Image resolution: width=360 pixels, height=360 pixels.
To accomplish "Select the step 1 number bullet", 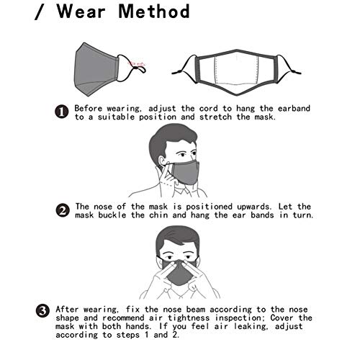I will pos(63,111).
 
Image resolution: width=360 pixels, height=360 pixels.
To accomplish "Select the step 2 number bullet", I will pos(63,210).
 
